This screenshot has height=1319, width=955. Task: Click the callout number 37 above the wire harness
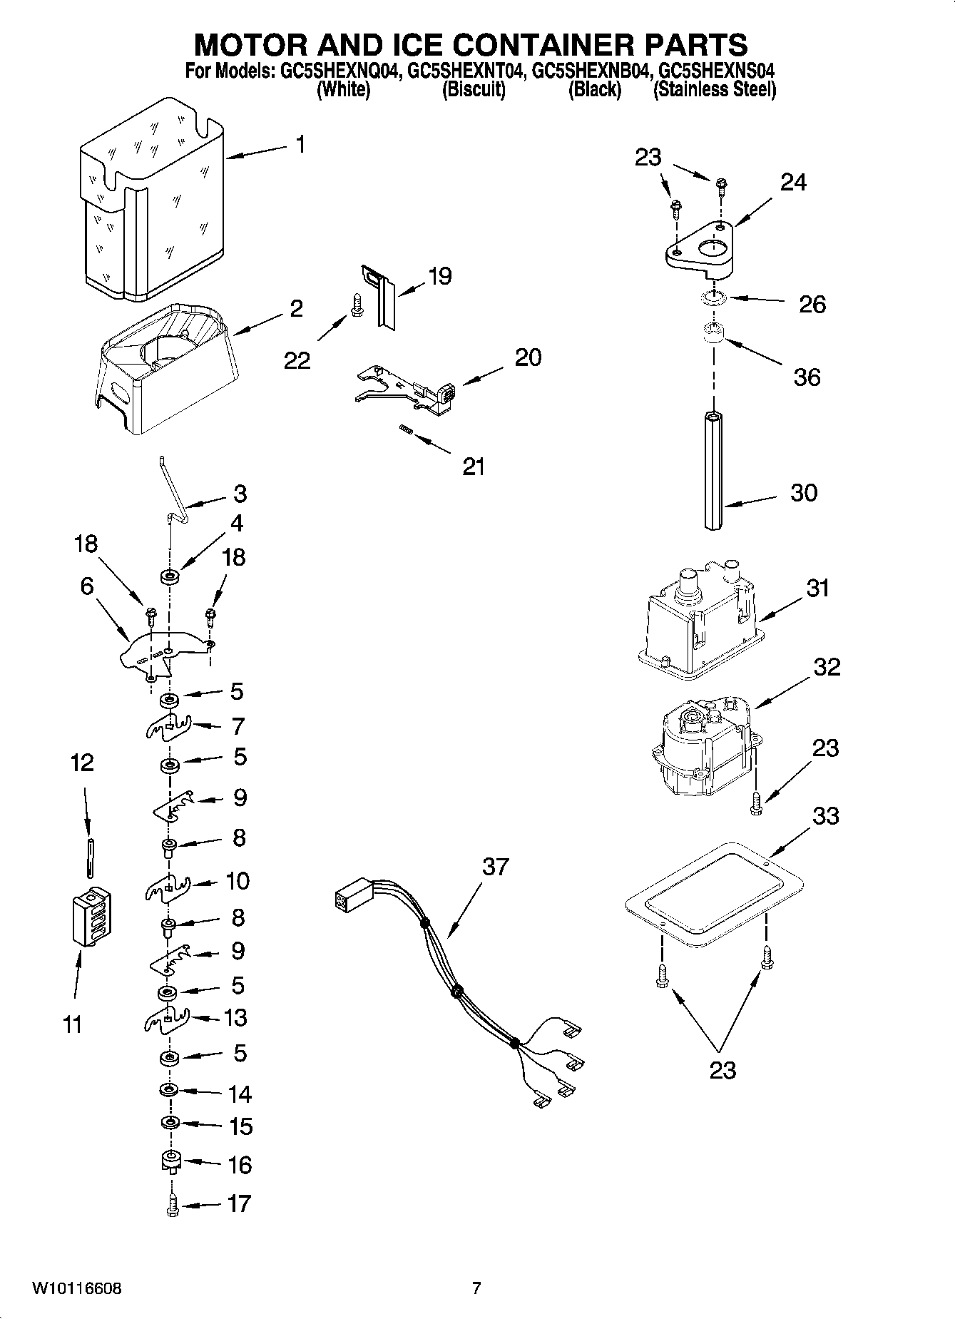495,866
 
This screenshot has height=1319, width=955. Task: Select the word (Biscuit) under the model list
474,90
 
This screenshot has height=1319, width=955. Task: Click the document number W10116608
76,1288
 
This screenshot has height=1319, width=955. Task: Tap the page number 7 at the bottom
476,1288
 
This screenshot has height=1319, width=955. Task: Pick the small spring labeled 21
406,429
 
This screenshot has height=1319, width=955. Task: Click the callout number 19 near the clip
440,276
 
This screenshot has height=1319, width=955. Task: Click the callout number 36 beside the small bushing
807,377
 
